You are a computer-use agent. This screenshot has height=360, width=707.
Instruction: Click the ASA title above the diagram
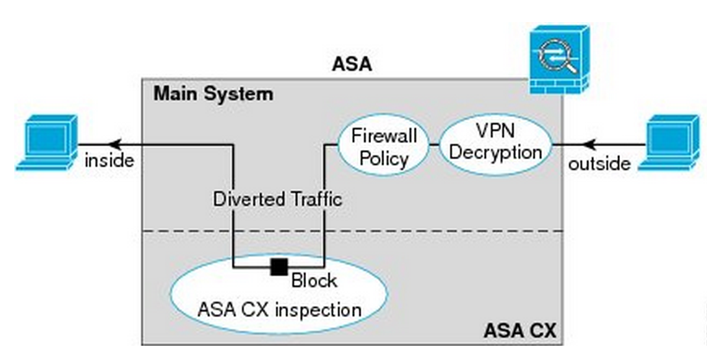[x=353, y=64]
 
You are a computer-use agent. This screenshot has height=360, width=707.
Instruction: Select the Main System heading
[x=213, y=94]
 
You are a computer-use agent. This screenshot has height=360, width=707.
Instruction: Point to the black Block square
[x=279, y=266]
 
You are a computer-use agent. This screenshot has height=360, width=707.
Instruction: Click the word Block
[x=315, y=281]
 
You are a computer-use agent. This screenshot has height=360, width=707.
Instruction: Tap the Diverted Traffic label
[x=277, y=199]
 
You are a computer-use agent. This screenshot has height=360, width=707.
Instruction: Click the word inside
[x=109, y=160]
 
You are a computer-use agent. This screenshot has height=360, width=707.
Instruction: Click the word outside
[x=599, y=163]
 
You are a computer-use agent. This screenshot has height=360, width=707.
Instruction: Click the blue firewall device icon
[x=558, y=60]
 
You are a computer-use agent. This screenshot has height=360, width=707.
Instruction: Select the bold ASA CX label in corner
[x=520, y=331]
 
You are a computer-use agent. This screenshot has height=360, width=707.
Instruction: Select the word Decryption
[x=496, y=152]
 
